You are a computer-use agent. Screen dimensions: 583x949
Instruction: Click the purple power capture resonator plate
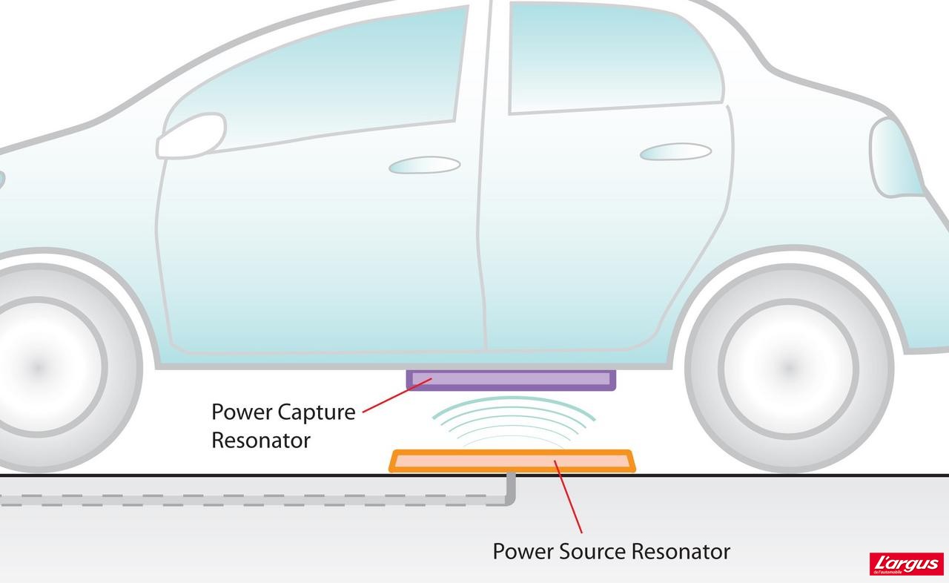tap(512, 380)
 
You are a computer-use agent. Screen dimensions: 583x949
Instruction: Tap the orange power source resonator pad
tap(512, 461)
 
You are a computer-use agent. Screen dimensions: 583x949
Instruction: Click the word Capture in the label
tap(317, 412)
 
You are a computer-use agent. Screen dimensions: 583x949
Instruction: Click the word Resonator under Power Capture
tap(260, 440)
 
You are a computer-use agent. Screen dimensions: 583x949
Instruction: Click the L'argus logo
tap(906, 564)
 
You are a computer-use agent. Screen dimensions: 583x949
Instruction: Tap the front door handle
tap(424, 165)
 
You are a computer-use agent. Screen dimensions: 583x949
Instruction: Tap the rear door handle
tap(675, 152)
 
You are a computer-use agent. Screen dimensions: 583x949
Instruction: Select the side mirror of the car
tap(191, 136)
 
